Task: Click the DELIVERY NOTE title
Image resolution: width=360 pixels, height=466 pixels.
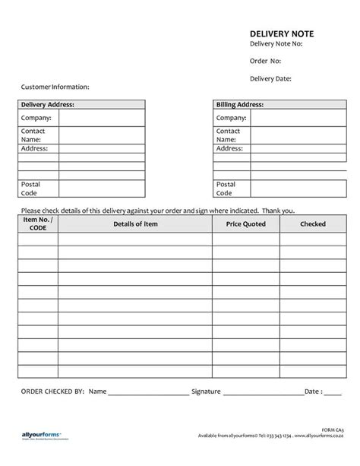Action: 281,33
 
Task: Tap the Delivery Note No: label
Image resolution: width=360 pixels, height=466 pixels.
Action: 277,45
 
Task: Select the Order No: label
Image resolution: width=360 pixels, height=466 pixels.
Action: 266,62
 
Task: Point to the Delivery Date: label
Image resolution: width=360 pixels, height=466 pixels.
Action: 271,78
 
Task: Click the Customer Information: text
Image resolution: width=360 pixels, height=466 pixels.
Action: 55,87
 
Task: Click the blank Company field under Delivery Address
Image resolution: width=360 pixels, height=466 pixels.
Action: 101,118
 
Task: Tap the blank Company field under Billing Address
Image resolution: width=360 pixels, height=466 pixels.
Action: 295,118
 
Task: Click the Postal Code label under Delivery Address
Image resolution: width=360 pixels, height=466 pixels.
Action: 31,189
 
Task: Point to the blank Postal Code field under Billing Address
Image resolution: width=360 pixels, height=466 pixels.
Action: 295,189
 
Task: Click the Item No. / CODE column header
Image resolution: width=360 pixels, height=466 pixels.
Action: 38,223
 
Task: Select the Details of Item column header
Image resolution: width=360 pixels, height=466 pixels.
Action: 134,224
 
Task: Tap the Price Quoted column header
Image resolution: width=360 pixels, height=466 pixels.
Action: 245,224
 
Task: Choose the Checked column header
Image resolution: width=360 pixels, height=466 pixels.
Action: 312,224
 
